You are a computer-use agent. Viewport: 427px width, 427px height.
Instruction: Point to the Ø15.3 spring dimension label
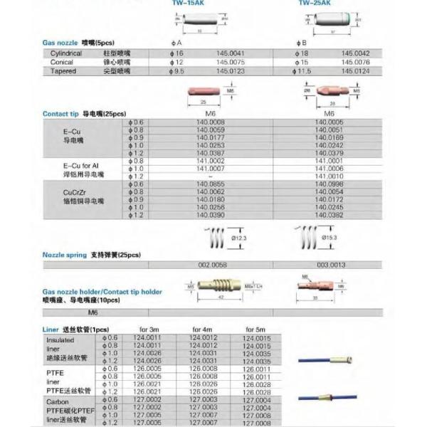[333, 237]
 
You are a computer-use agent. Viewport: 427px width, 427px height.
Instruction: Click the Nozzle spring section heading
[64, 254]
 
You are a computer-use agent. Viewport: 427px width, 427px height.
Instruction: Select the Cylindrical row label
[66, 53]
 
